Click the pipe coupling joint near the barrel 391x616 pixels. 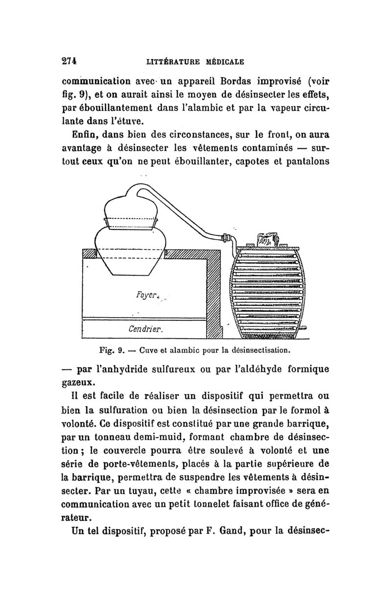tap(226, 239)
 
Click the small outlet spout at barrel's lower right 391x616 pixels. tap(304, 328)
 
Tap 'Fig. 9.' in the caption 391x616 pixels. tap(112, 350)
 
